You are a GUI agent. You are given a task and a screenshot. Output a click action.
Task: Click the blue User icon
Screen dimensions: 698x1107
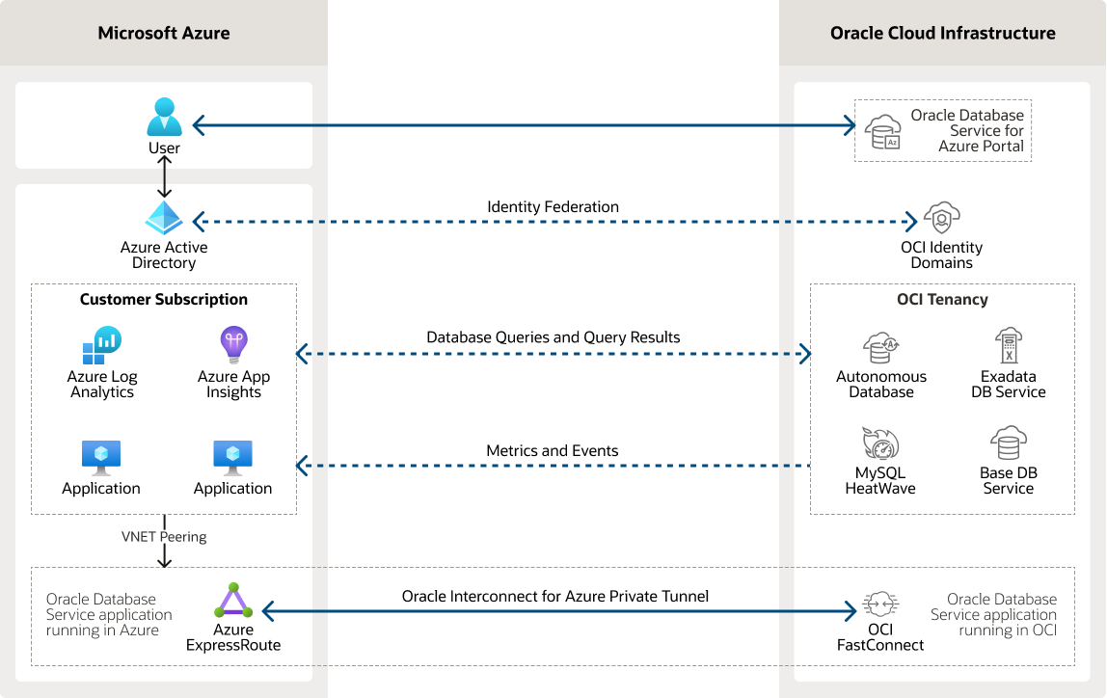pos(164,118)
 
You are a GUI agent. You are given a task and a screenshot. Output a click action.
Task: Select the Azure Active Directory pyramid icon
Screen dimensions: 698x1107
pos(164,218)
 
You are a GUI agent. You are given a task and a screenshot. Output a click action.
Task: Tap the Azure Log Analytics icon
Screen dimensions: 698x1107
pos(101,345)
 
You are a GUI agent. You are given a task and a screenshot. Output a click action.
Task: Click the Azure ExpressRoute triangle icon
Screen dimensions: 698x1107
pos(233,602)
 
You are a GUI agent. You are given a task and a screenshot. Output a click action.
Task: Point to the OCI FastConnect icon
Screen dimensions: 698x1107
pos(880,604)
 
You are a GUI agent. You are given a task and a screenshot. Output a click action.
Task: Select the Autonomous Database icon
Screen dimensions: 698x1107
pos(881,347)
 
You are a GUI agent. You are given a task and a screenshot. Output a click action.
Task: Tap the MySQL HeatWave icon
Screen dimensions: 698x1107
pos(880,444)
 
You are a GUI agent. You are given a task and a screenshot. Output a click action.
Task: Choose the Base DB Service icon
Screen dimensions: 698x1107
pos(1008,443)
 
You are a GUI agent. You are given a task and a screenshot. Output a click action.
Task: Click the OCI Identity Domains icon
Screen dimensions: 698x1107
pos(941,218)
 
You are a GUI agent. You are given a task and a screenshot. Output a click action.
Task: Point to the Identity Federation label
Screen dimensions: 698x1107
pos(553,207)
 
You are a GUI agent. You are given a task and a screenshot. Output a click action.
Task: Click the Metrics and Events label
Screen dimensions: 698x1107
pos(553,450)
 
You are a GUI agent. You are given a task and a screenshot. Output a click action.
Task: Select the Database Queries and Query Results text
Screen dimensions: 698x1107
pos(553,337)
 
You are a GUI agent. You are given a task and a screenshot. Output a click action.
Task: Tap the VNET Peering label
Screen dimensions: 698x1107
pos(164,536)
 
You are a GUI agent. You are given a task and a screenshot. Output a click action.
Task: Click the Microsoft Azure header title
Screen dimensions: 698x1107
pos(164,33)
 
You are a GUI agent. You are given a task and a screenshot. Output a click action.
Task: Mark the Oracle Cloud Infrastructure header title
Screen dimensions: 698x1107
pos(942,33)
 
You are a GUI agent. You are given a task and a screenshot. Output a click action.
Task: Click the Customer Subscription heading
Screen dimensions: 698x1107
pos(164,299)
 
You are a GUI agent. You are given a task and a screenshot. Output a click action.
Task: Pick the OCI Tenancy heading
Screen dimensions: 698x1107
pos(942,299)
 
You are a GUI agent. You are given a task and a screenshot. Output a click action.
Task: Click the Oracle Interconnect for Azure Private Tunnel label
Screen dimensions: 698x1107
pos(555,597)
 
